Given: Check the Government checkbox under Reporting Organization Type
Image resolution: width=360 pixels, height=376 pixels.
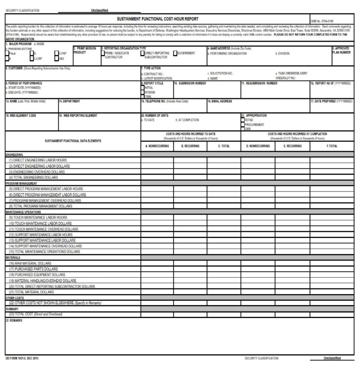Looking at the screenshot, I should click(176, 53).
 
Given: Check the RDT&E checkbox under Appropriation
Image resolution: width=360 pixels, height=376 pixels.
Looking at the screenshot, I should click(242, 119).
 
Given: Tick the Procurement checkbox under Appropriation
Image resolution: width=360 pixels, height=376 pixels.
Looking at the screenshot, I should click(242, 124).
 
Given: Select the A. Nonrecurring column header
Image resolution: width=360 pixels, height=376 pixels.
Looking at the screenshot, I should click(157, 146).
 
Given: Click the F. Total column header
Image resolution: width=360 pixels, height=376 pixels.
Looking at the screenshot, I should click(332, 146).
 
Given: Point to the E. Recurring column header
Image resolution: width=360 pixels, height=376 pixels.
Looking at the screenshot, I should click(292, 146).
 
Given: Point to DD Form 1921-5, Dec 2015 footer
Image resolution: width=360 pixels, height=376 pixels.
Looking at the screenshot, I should click(22, 358).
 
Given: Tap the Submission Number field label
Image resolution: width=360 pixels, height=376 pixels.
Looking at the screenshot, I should click(190, 83).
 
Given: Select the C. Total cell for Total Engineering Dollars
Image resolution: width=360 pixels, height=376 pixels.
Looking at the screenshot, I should click(224, 177).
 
